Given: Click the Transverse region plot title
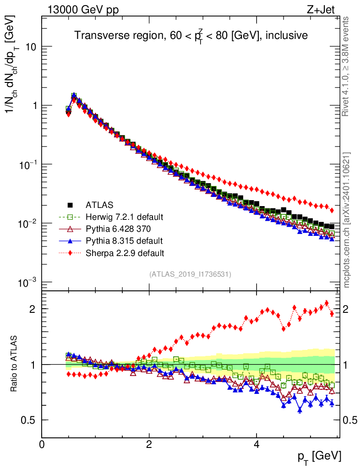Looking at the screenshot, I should click(x=191, y=35).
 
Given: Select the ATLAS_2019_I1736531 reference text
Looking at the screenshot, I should click(x=190, y=274).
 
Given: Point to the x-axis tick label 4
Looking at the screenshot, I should click(x=256, y=444).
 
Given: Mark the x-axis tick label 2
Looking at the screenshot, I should click(x=149, y=444).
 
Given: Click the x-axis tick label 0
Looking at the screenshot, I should click(x=42, y=444).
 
